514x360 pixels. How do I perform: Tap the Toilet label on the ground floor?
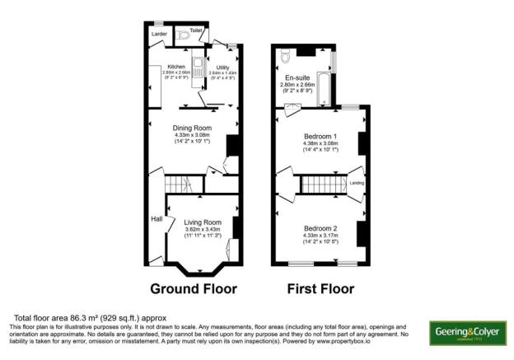pos(196,30)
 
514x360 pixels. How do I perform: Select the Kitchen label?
pos(177,67)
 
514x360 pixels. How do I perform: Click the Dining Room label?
pos(193,128)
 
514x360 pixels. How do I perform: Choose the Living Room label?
pos(203,222)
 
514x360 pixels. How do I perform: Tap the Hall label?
pos(157,218)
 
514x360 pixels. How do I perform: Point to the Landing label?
pos(357,183)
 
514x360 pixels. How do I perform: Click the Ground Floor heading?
pos(193,289)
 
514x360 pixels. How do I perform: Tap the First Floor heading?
pos(320,289)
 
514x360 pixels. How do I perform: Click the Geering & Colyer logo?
pos(466,333)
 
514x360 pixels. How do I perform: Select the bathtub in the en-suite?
pos(325,89)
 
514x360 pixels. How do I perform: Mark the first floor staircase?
pos(323,185)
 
